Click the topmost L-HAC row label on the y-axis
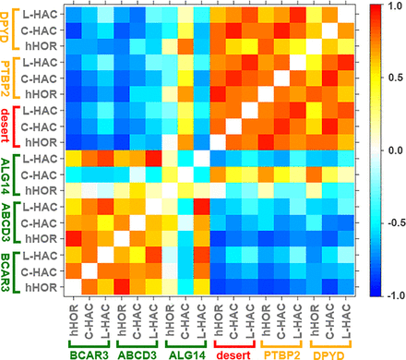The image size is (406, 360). [43, 13]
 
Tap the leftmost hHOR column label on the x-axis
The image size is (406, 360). [72, 316]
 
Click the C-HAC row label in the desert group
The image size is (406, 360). [43, 126]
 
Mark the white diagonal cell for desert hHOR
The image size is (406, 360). [217, 142]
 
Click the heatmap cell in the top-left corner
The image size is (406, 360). [72, 13]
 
